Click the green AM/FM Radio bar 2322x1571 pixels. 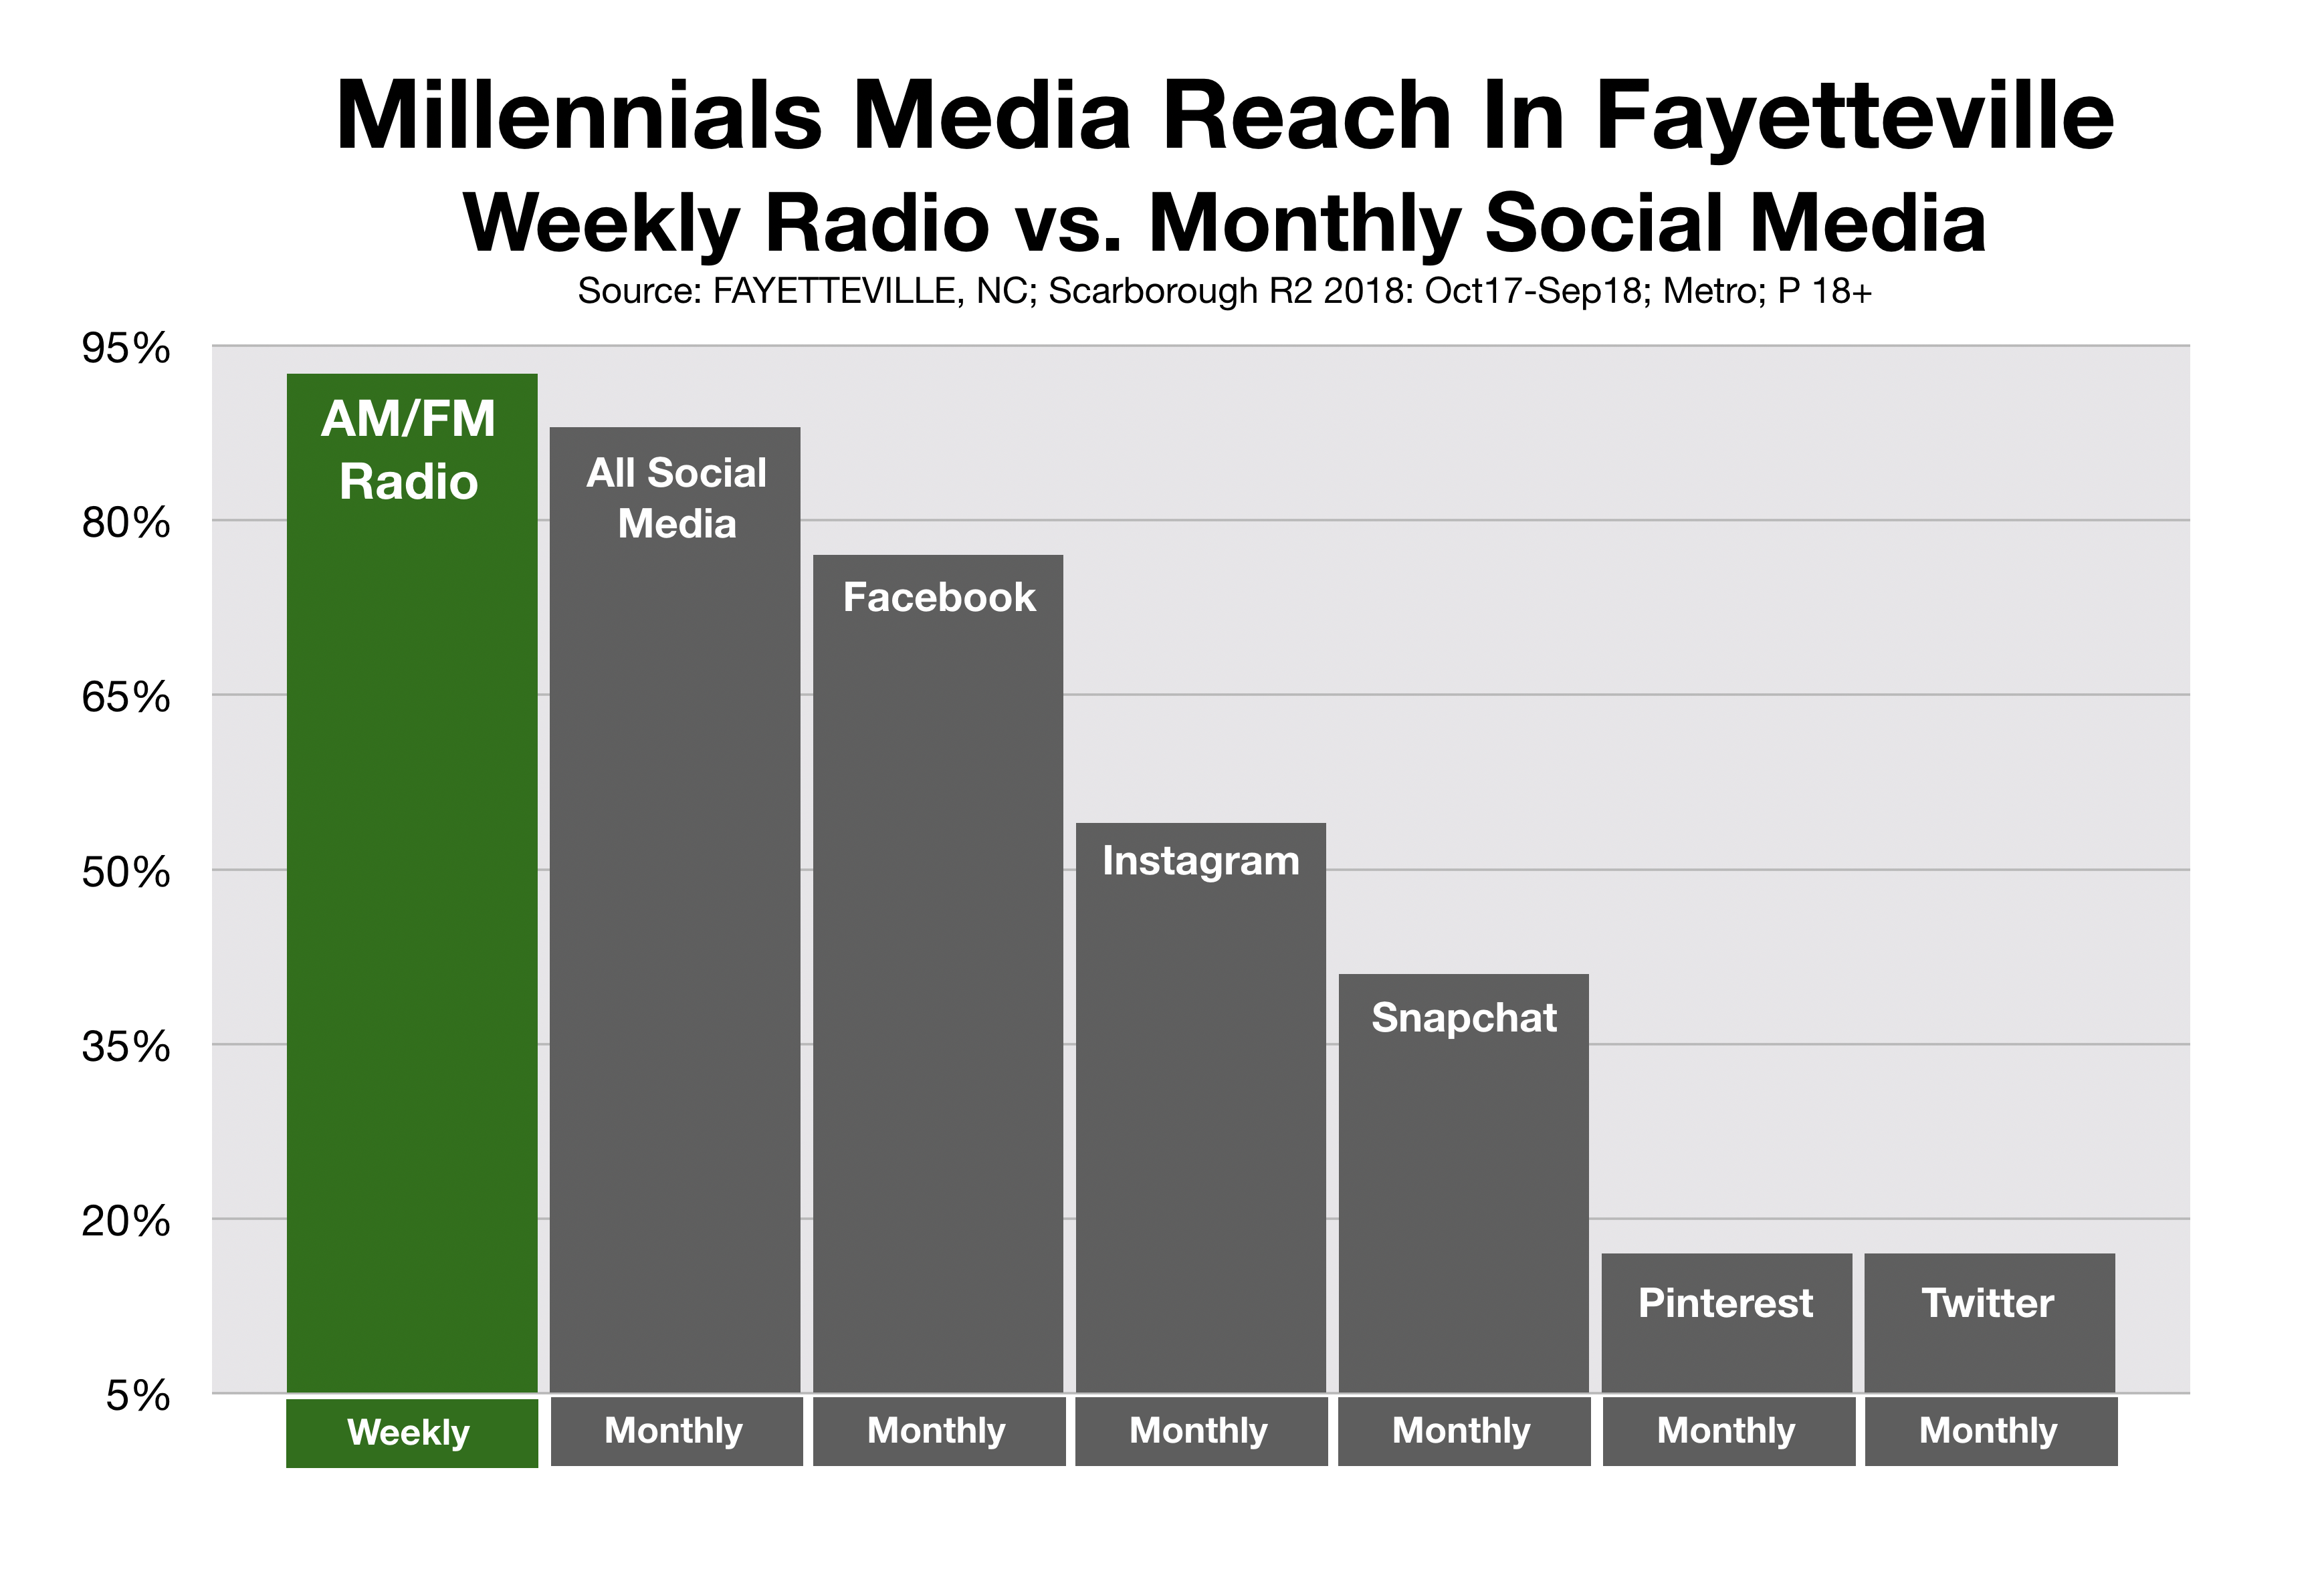(412, 883)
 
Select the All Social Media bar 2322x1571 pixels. (675, 910)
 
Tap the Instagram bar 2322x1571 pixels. (1201, 1108)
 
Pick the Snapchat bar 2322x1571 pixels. (1464, 1183)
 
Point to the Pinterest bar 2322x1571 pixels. (1727, 1323)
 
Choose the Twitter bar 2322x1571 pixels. (1990, 1323)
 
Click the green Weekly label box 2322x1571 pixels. (412, 1432)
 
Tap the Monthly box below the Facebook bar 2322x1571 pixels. (939, 1431)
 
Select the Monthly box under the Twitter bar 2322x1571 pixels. (1991, 1431)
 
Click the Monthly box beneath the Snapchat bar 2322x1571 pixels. (1464, 1431)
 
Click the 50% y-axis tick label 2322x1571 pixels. (126, 873)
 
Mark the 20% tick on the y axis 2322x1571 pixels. (126, 1221)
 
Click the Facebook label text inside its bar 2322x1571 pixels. (939, 597)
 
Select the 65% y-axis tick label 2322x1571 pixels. (126, 697)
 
